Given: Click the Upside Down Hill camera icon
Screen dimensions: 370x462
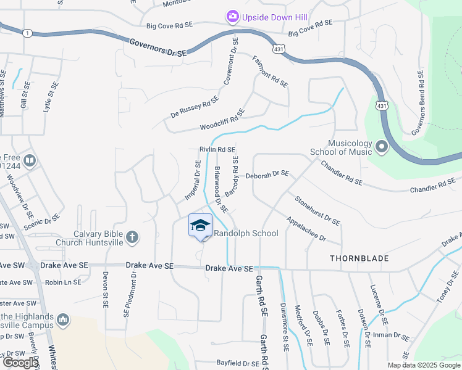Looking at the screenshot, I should [233, 16].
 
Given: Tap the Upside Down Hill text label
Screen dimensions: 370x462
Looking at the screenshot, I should [275, 17].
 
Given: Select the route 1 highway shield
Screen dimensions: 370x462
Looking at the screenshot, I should [27, 33].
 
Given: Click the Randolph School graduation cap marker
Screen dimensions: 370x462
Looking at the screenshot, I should [200, 225].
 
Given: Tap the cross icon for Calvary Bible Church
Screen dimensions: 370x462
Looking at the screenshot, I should [132, 237].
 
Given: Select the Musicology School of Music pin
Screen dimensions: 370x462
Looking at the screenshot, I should [380, 147].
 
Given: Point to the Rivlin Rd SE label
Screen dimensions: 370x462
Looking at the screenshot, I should [217, 150].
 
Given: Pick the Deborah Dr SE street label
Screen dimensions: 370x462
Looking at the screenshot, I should [267, 175].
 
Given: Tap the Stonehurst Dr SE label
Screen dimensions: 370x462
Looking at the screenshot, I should [317, 210].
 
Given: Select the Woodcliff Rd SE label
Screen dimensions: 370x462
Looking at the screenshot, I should [222, 120].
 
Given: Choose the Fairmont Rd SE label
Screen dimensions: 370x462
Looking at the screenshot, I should [271, 72].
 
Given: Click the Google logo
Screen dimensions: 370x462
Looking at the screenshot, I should [20, 363].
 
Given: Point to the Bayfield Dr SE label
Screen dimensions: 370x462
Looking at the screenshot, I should [238, 364].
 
